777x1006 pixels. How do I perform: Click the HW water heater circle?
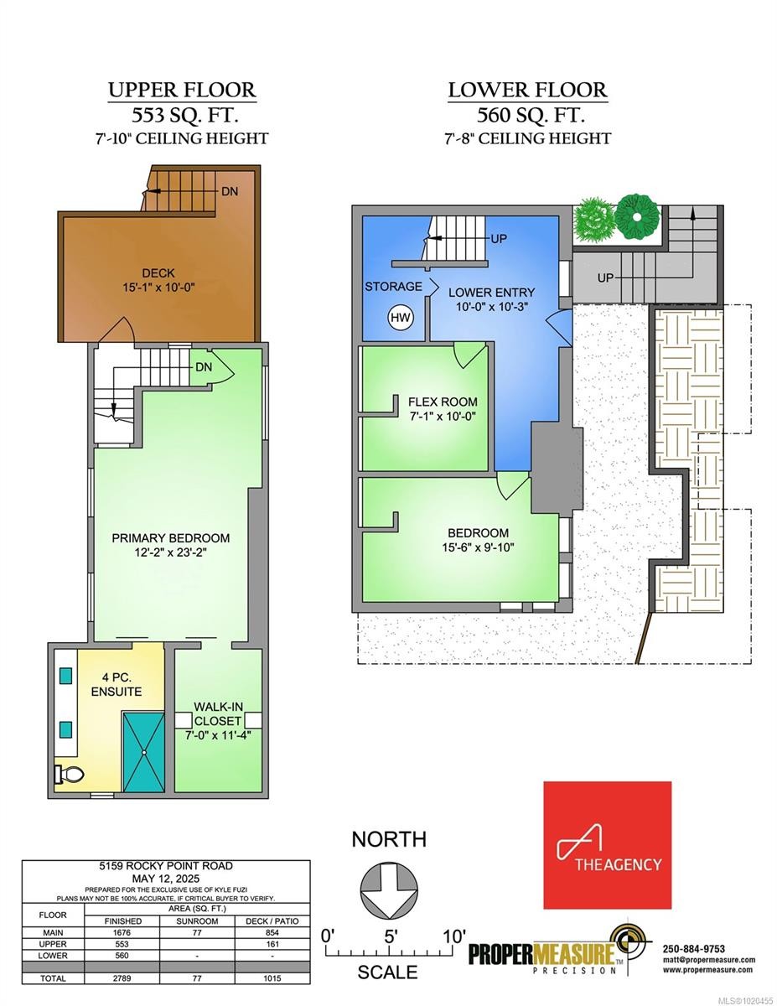(x=401, y=318)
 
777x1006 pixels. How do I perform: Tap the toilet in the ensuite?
(x=67, y=775)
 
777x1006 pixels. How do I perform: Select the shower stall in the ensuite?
(x=145, y=752)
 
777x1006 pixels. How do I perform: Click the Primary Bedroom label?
(x=171, y=537)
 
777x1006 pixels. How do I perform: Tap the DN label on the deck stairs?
(x=229, y=191)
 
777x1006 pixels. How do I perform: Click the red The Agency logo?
(x=607, y=845)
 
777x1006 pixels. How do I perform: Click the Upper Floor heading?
(x=181, y=90)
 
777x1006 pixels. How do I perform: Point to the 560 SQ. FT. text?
(x=527, y=115)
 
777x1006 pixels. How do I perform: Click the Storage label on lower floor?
(x=393, y=287)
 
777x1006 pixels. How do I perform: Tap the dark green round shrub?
(x=637, y=215)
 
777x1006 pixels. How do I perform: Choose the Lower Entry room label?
(x=491, y=293)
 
